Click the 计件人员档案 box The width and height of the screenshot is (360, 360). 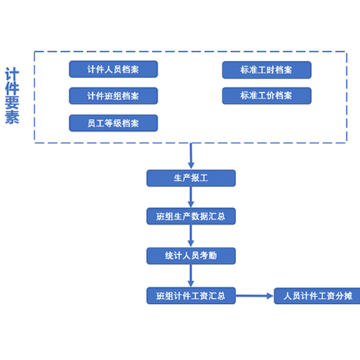pos(113,69)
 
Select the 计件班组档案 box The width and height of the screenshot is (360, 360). pos(113,96)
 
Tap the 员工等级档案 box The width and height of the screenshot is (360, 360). pos(113,123)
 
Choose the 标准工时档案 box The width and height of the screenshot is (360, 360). pos(266,70)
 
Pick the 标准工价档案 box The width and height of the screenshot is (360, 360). pos(266,96)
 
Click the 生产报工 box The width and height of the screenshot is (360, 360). pos(191,178)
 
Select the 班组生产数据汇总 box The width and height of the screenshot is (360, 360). pos(191,216)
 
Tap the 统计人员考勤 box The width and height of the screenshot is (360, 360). pos(191,256)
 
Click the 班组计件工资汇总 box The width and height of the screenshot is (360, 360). pos(191,296)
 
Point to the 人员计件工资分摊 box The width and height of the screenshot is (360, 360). pos(317,296)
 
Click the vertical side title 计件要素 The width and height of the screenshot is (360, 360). pos(12,96)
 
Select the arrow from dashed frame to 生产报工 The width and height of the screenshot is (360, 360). pos(191,156)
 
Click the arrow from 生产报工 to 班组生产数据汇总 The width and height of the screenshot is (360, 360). pos(191,197)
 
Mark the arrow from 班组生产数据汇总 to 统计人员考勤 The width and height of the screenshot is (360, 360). pos(191,236)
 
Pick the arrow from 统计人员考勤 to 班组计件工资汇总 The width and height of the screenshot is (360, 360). pos(191,276)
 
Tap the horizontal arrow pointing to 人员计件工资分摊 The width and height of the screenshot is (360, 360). pos(254,296)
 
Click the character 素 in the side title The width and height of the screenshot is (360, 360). pos(12,117)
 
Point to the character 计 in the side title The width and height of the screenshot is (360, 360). pos(12,74)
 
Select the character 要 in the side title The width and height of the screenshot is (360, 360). pos(12,103)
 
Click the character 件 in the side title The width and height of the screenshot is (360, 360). pos(12,89)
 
